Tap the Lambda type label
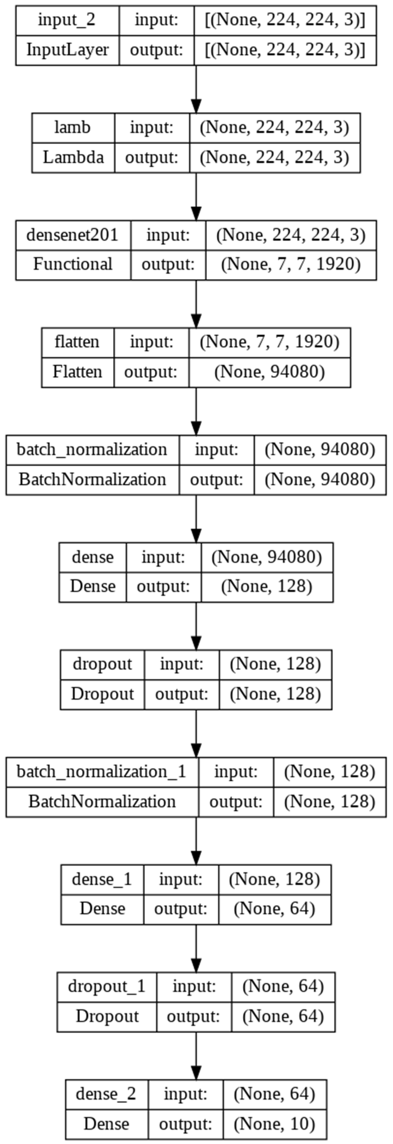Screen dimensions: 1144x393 click(x=73, y=157)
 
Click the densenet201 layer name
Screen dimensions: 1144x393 click(x=73, y=234)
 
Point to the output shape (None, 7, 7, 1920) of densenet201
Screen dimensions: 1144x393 click(x=291, y=265)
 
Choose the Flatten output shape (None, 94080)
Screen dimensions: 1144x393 click(x=269, y=372)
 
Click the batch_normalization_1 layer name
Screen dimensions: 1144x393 click(x=102, y=772)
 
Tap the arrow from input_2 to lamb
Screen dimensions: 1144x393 click(x=196, y=89)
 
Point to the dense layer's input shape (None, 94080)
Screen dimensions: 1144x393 click(x=266, y=557)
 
